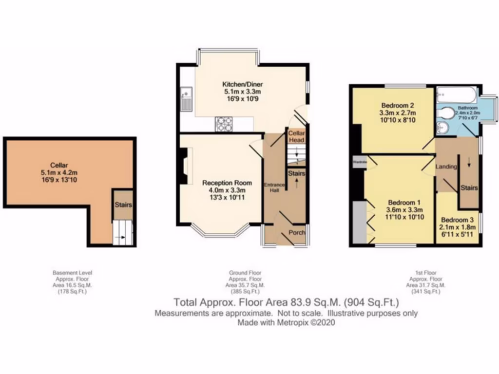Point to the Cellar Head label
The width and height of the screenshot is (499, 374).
(296, 136)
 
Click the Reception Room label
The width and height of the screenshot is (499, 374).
(227, 183)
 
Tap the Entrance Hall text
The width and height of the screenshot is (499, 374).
(272, 187)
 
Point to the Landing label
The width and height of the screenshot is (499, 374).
(446, 167)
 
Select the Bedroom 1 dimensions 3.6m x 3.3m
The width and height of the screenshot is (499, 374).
(398, 210)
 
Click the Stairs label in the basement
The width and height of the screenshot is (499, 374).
(123, 205)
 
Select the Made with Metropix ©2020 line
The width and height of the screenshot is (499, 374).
(287, 322)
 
